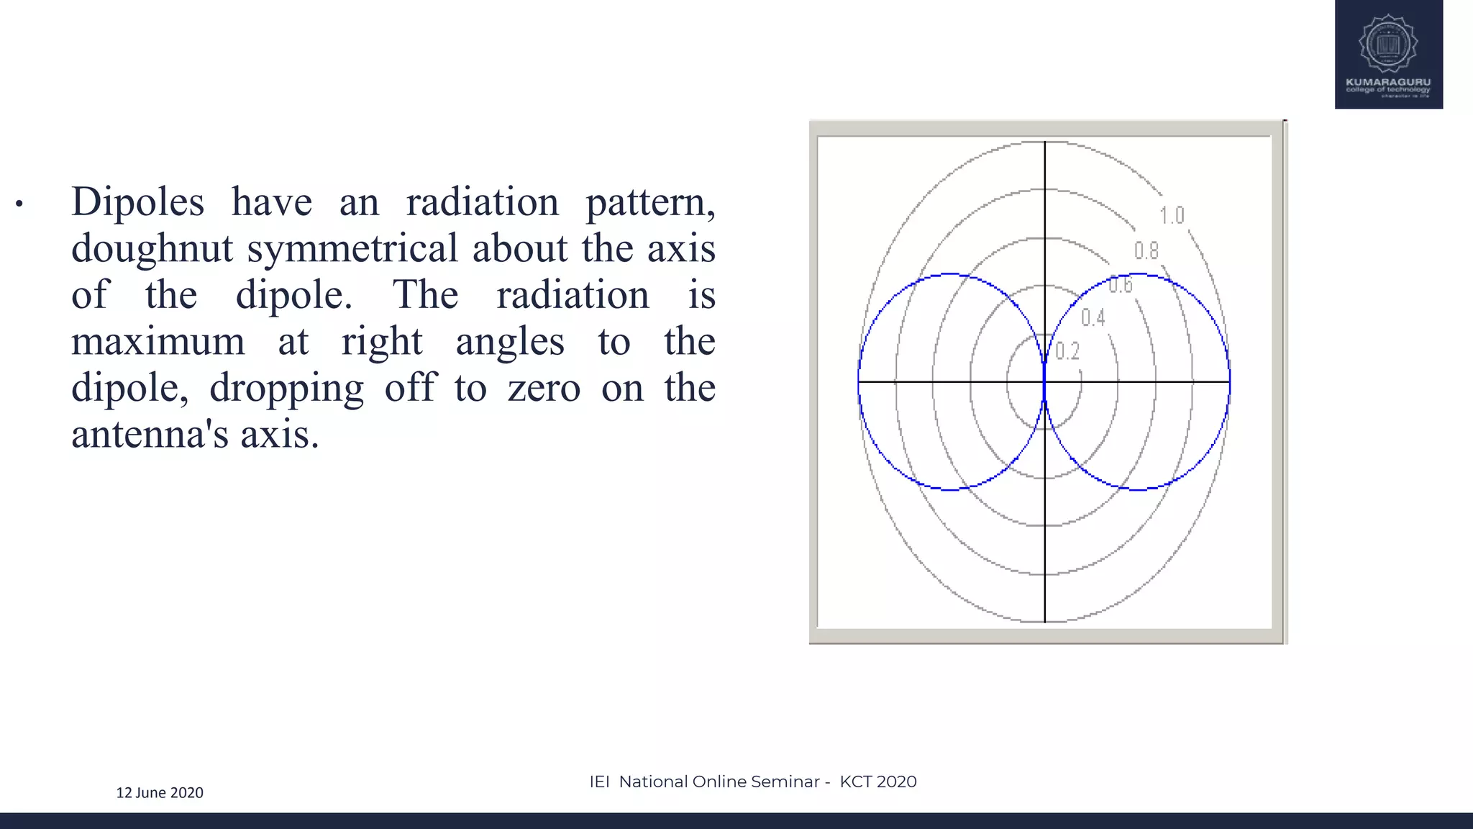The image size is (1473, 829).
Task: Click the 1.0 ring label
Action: click(1172, 215)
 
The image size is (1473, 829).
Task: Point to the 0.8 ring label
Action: click(1146, 250)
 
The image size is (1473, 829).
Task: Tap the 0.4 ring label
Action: click(1093, 317)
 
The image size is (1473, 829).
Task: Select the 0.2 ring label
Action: click(1067, 351)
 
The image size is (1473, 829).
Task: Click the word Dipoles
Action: click(137, 201)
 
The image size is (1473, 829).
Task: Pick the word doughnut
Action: click(152, 249)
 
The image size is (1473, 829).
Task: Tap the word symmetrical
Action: click(352, 248)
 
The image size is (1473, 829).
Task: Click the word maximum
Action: click(158, 341)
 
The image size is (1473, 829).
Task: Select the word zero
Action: click(544, 389)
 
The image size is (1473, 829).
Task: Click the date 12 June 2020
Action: click(160, 792)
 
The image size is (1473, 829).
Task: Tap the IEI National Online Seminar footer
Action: click(752, 782)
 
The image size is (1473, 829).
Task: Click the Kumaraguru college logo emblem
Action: click(1388, 44)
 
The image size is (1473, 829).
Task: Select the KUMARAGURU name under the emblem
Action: click(1388, 82)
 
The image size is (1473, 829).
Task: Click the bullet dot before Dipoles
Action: click(19, 204)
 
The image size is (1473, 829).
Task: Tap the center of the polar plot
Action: click(1044, 381)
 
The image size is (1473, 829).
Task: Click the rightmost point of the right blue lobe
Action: click(1229, 381)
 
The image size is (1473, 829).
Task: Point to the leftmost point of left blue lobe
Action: click(859, 381)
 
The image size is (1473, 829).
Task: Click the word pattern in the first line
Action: click(649, 201)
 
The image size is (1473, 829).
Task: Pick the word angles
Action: click(510, 341)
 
